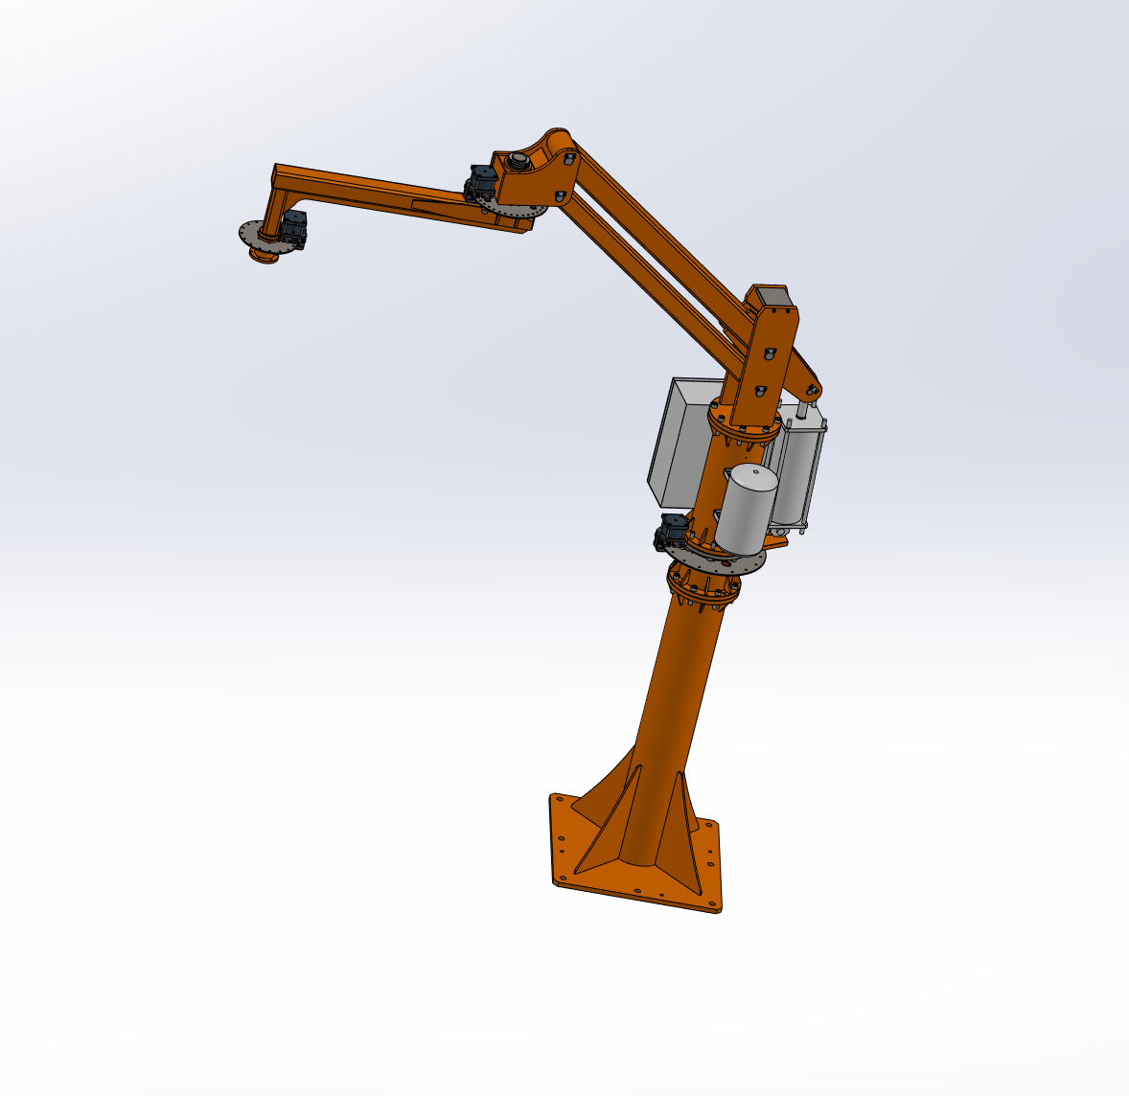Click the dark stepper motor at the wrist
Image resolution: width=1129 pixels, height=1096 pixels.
[293, 230]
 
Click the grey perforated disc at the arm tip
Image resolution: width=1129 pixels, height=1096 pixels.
[251, 234]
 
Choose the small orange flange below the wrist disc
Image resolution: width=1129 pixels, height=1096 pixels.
[263, 256]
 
